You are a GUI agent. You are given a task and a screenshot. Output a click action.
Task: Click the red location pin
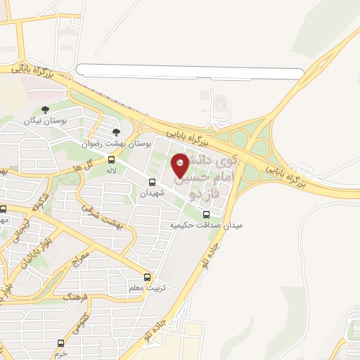(x=181, y=164)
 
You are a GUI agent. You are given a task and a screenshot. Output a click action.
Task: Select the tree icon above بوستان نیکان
(x=46, y=110)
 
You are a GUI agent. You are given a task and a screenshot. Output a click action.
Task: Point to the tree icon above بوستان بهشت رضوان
(x=117, y=131)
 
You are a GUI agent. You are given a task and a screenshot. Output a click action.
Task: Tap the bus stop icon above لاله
(x=111, y=160)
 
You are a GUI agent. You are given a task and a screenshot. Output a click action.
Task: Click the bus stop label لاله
(x=111, y=171)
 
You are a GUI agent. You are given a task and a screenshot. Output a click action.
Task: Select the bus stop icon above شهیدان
(x=153, y=183)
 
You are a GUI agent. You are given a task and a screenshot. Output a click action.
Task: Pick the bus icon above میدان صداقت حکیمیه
(x=206, y=214)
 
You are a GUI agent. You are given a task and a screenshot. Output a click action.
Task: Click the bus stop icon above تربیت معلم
(x=147, y=277)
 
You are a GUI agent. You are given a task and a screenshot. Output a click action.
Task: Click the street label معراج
(x=82, y=261)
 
